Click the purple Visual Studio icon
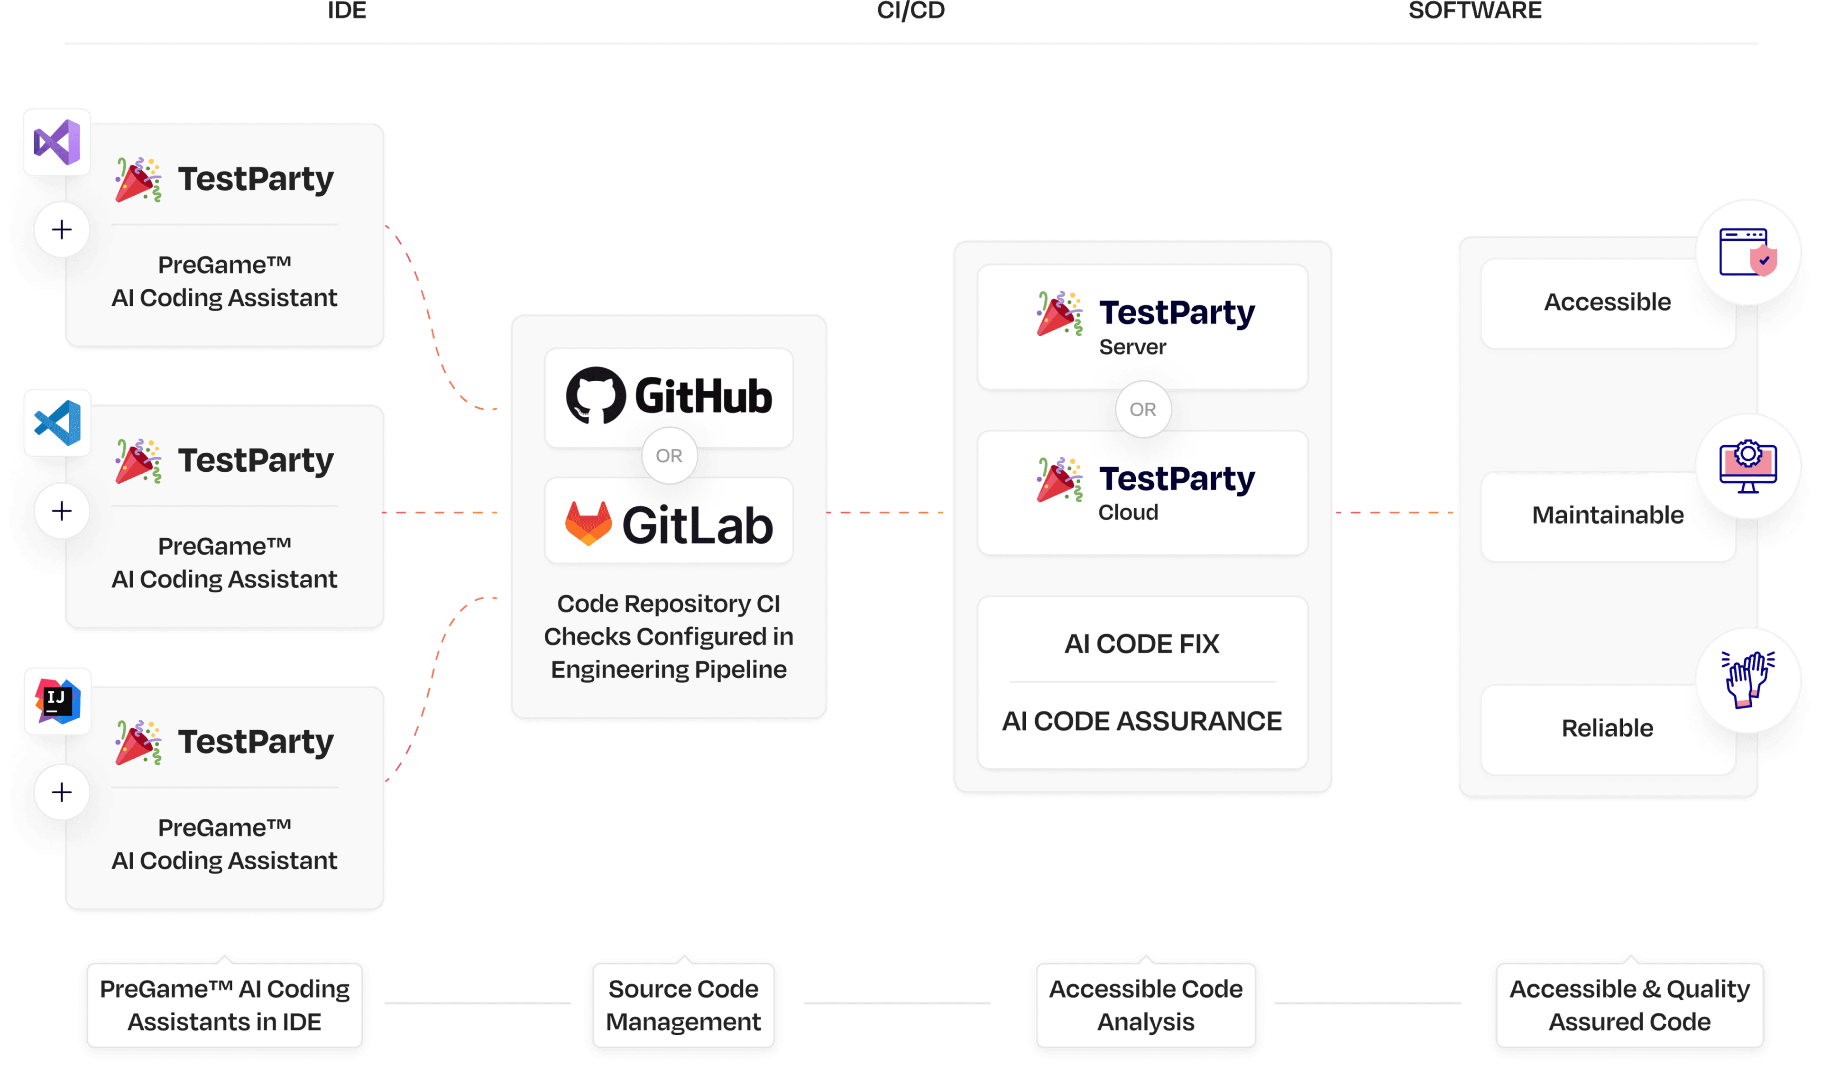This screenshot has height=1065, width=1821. click(x=57, y=142)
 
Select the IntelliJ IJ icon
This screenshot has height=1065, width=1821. click(x=57, y=701)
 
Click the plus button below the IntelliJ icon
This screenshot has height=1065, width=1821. click(x=62, y=792)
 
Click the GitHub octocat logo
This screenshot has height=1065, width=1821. click(x=596, y=395)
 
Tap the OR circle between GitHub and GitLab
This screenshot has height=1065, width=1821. click(x=669, y=456)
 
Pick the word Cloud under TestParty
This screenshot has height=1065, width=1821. click(x=1128, y=512)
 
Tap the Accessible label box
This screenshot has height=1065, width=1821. click(x=1607, y=302)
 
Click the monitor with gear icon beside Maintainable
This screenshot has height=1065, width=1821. click(x=1748, y=467)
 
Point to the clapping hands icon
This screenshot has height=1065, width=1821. click(x=1748, y=679)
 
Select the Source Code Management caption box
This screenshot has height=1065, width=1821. click(x=684, y=1005)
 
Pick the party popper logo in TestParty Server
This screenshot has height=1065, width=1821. click(x=1059, y=313)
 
